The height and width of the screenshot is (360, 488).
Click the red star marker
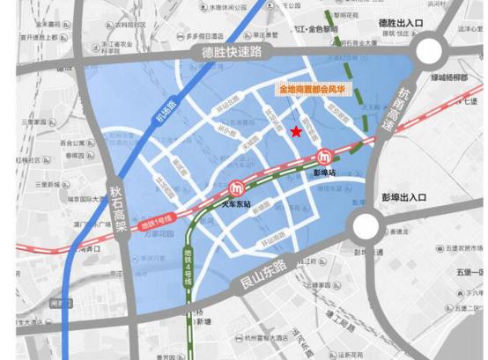tap(297, 132)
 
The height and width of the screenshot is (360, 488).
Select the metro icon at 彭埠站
tap(327, 157)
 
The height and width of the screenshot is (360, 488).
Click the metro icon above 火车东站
tap(235, 187)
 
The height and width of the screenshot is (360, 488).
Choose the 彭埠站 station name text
tap(326, 173)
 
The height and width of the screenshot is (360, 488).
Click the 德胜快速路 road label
tap(233, 54)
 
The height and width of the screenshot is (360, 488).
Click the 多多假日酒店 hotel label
tap(204, 36)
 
